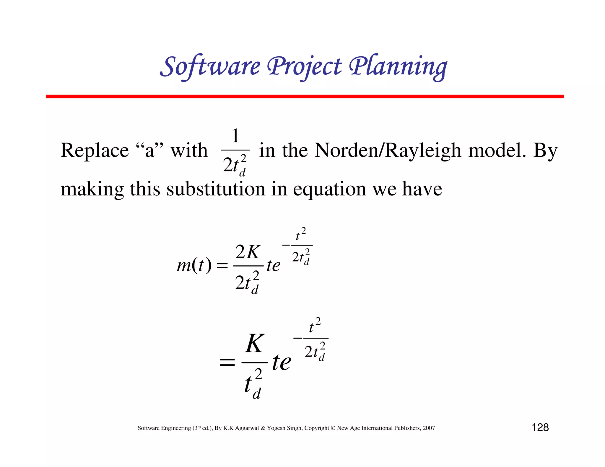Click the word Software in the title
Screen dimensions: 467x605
[210, 66]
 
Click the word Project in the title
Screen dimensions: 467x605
[304, 66]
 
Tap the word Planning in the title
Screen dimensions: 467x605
[398, 66]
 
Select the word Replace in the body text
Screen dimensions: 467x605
[95, 151]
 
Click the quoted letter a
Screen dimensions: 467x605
[150, 151]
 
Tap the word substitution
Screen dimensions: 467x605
[216, 189]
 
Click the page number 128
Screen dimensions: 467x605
[540, 427]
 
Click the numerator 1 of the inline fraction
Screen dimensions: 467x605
[235, 136]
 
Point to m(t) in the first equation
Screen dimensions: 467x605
[194, 265]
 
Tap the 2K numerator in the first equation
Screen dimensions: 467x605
[248, 252]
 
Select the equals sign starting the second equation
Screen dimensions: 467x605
[227, 363]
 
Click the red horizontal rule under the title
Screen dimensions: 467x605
[304, 97]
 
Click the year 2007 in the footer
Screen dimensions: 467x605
[429, 428]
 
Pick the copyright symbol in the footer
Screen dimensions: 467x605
[333, 428]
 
